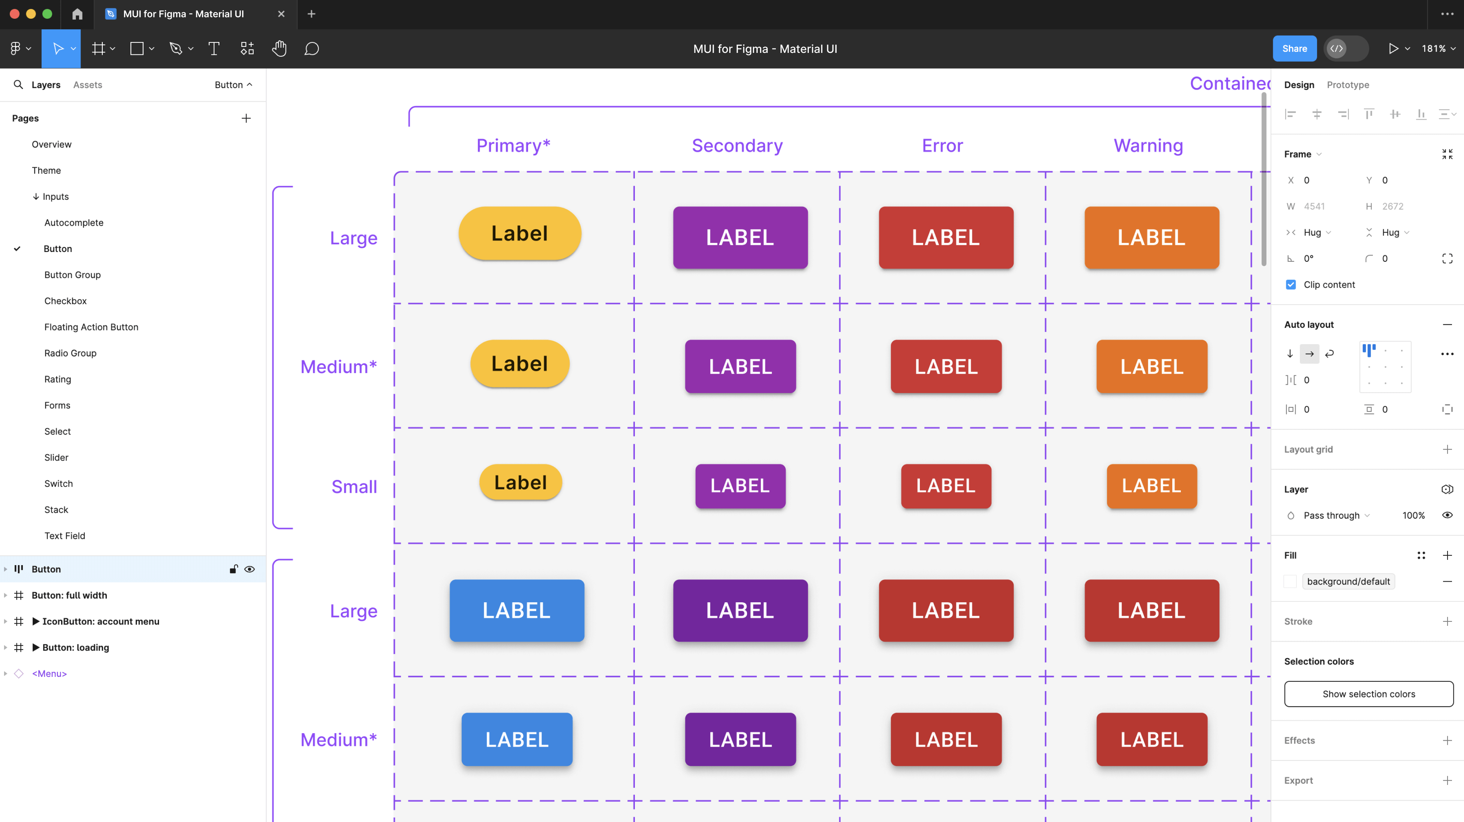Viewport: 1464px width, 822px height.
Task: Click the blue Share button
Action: pyautogui.click(x=1294, y=49)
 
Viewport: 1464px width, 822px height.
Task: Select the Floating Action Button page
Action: pyautogui.click(x=91, y=327)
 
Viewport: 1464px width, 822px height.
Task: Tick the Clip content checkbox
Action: pyautogui.click(x=1291, y=285)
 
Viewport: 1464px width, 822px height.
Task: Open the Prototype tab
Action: pyautogui.click(x=1347, y=85)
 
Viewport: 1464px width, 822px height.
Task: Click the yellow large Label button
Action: pyautogui.click(x=519, y=234)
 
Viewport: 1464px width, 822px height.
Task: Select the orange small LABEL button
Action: pyautogui.click(x=1151, y=486)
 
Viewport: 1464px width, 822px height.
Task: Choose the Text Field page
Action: pyautogui.click(x=65, y=535)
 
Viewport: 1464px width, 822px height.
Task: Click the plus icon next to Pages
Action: pyautogui.click(x=246, y=118)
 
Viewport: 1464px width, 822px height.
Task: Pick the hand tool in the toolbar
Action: pyautogui.click(x=279, y=49)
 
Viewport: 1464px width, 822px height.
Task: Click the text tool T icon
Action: pyautogui.click(x=214, y=49)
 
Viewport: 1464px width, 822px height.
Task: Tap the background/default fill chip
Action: pyautogui.click(x=1348, y=581)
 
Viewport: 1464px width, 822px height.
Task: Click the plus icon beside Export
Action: pyautogui.click(x=1447, y=780)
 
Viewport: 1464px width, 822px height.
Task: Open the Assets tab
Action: pyautogui.click(x=87, y=85)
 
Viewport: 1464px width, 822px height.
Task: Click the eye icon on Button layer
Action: pyautogui.click(x=249, y=569)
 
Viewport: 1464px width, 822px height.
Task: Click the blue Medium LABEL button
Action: pyautogui.click(x=517, y=739)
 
